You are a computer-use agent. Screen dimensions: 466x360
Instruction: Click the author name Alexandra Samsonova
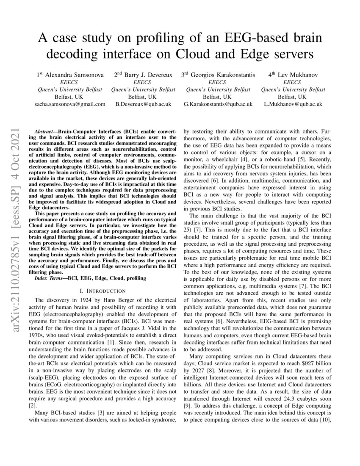pos(74,75)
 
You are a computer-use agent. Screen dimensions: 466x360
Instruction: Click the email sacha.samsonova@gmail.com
pos(69,104)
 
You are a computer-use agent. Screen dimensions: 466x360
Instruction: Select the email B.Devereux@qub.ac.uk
pos(143,104)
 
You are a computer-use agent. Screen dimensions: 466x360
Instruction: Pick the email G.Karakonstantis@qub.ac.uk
pos(218,104)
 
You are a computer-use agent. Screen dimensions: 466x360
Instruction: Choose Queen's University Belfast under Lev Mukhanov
pos(293,89)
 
